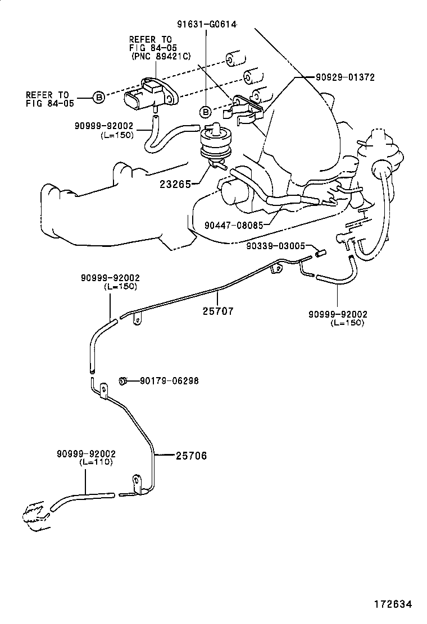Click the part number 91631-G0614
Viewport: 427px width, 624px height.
206,24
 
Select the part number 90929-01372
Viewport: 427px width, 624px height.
346,77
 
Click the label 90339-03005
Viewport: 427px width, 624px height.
276,246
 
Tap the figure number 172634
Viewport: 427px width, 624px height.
393,604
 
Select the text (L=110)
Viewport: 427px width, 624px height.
96,462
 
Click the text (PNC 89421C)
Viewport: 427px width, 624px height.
161,57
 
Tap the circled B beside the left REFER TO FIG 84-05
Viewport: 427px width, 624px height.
98,98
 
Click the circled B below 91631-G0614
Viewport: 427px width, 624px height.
207,111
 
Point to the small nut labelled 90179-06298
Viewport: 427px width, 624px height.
122,381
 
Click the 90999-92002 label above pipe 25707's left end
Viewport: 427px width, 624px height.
110,278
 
